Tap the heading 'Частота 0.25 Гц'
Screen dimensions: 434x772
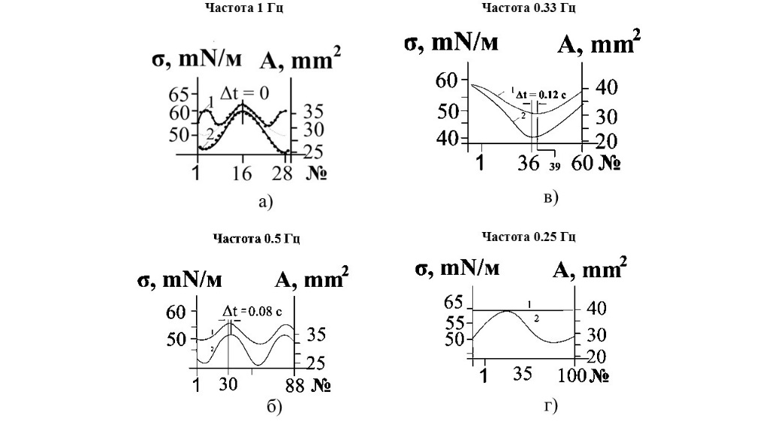click(x=529, y=237)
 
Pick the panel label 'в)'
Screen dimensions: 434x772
click(x=550, y=197)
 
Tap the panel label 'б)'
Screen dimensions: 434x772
click(x=274, y=408)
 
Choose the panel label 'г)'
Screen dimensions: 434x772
click(x=550, y=406)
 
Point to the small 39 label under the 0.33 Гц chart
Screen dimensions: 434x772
click(x=554, y=166)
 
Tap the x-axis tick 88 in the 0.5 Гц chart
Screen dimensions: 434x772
click(x=293, y=384)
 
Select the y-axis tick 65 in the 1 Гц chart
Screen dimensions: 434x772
click(x=179, y=95)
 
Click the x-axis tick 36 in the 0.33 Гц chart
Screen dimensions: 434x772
click(x=530, y=162)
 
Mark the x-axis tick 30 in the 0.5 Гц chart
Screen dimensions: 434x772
click(x=228, y=384)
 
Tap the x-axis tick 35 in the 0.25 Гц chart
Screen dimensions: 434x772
click(x=523, y=373)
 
